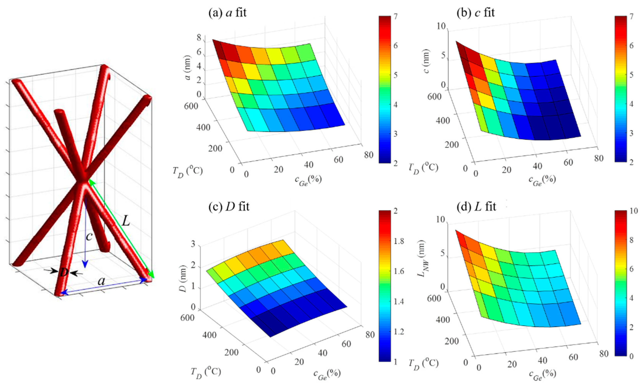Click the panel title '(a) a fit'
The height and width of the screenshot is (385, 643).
tap(227, 13)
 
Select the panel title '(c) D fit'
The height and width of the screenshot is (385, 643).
tap(229, 206)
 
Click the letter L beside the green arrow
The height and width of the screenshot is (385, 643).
tap(126, 221)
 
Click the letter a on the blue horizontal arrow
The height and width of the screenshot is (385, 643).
tap(101, 281)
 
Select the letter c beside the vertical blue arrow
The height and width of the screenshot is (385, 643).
tap(89, 236)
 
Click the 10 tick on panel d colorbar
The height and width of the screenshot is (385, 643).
tap(633, 211)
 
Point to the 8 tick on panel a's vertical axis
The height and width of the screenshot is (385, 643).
tap(199, 38)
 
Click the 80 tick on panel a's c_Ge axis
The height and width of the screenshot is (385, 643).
tap(368, 155)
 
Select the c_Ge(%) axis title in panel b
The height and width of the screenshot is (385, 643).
tap(542, 181)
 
